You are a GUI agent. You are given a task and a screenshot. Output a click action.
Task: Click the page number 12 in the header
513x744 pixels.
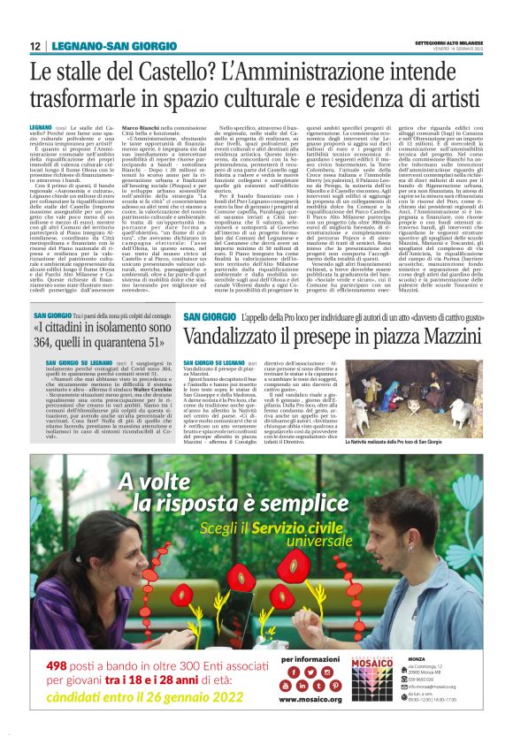[35, 46]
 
